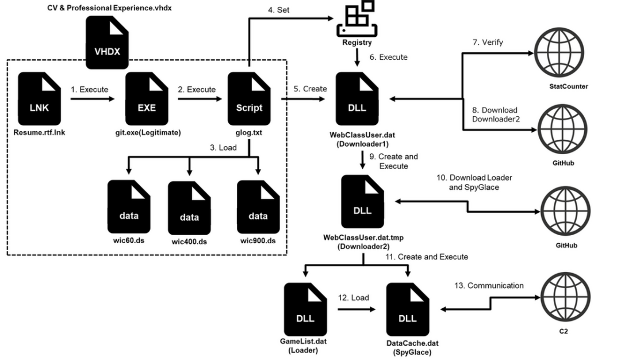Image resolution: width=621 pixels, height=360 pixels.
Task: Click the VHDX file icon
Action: [107, 43]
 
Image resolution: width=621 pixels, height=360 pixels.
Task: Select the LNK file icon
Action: [39, 98]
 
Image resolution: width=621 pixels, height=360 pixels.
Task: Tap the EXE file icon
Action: [147, 98]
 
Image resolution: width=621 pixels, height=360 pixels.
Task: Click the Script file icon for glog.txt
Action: [249, 98]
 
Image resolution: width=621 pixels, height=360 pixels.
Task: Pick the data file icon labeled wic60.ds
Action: [129, 206]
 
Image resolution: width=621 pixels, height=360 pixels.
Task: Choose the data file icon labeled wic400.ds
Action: [189, 208]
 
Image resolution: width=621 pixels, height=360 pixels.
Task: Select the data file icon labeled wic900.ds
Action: [258, 207]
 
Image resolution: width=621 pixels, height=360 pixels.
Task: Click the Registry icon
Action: [357, 19]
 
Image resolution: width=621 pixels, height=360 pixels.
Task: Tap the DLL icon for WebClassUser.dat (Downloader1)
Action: [357, 98]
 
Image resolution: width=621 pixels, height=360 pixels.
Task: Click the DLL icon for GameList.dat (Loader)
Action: [305, 309]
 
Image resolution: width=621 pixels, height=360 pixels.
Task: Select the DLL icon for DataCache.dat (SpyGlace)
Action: [408, 309]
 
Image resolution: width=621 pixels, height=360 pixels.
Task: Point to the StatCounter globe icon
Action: [559, 53]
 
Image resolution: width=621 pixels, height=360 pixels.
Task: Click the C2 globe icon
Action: [566, 297]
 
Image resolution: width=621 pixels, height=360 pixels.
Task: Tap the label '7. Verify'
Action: [488, 43]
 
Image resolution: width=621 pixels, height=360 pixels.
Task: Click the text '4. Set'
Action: [278, 10]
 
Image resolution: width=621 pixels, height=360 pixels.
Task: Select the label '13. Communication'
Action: [489, 286]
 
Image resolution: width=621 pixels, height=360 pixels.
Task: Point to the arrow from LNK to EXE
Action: [92, 98]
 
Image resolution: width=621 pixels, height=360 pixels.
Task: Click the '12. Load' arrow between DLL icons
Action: [356, 309]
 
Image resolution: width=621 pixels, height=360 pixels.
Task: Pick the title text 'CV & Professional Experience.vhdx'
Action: [109, 8]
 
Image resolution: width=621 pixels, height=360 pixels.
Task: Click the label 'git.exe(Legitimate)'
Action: [148, 133]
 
